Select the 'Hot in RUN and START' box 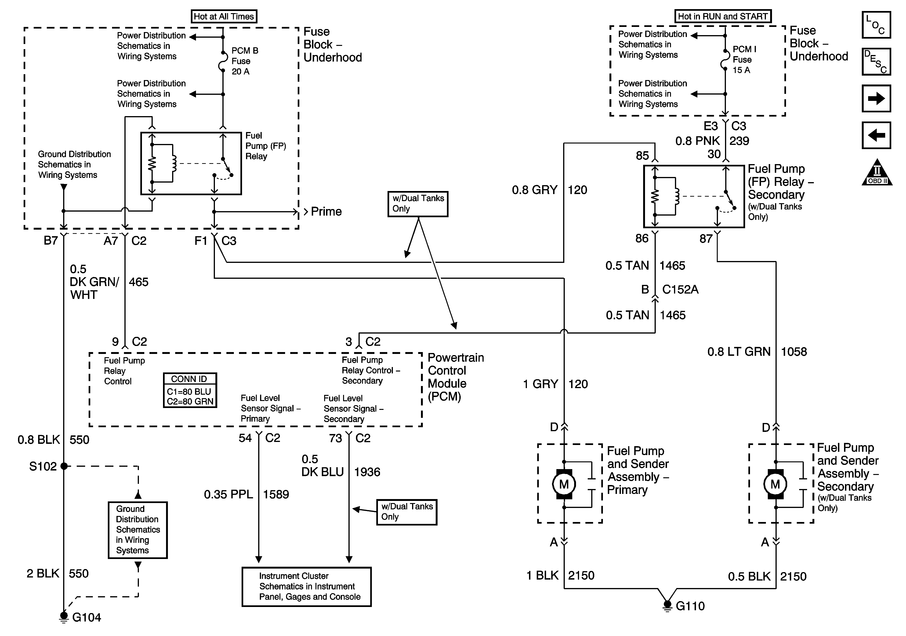tap(722, 16)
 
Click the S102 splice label tap(43, 467)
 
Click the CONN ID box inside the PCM tap(190, 390)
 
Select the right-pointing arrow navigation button tap(876, 98)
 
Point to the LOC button tap(876, 25)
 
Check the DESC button tap(876, 62)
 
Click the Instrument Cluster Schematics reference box tap(307, 587)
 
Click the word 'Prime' tap(326, 211)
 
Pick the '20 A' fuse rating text tap(240, 71)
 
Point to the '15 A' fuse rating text tap(741, 70)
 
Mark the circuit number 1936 tap(367, 472)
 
